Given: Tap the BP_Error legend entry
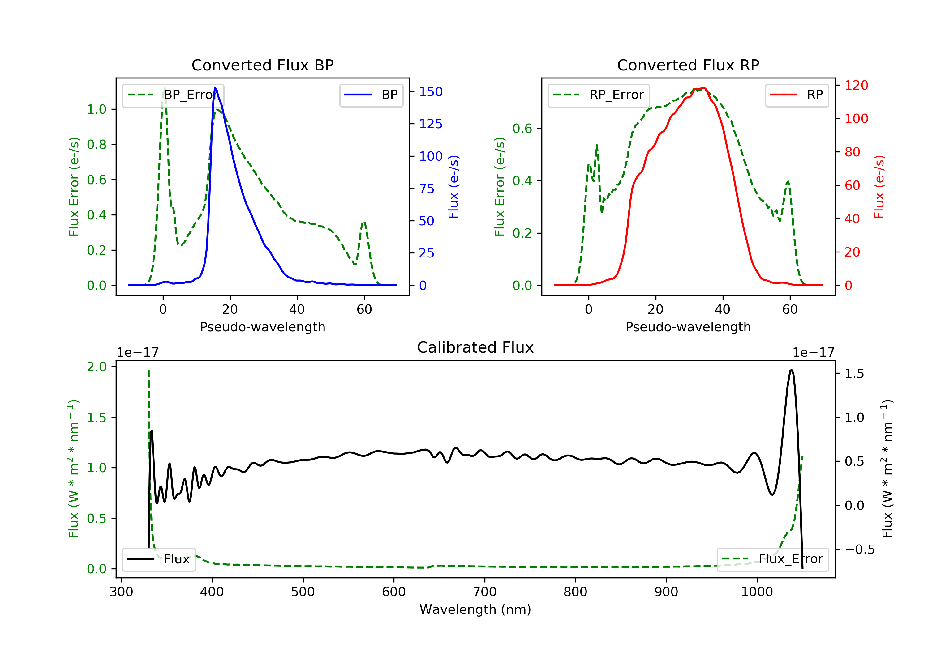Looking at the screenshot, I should pos(173,95).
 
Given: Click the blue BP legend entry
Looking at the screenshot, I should pos(371,95).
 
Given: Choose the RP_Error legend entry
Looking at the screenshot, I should pos(598,95).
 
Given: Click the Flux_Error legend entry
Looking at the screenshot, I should pos(772,559).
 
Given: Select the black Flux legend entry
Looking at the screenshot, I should pos(159,559).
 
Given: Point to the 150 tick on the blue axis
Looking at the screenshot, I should pos(431,92).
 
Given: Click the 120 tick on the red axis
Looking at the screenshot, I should pos(856,85).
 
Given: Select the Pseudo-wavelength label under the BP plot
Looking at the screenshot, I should pos(262,327).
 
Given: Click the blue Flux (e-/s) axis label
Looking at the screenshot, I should pos(453,187).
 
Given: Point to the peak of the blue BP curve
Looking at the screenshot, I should pos(215,88).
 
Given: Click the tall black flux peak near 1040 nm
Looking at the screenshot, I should pos(791,370).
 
